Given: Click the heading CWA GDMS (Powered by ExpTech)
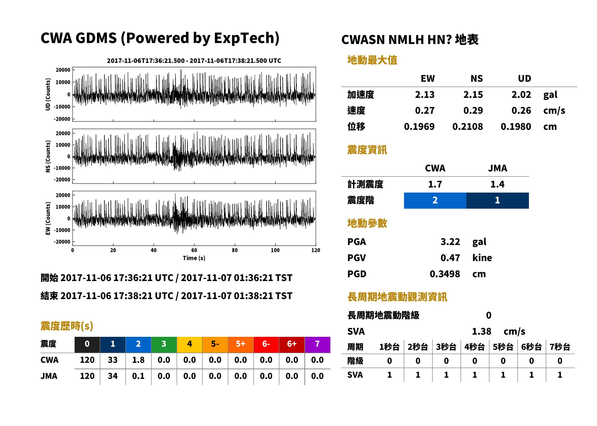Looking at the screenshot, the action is pyautogui.click(x=160, y=38).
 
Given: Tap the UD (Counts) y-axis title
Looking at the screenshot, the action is pyautogui.click(x=48, y=94).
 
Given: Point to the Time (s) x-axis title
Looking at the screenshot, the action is pyautogui.click(x=194, y=258).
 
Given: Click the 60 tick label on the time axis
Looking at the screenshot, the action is pyautogui.click(x=194, y=250).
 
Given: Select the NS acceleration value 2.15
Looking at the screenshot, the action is pyautogui.click(x=473, y=95).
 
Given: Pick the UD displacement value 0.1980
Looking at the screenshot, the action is pyautogui.click(x=516, y=127).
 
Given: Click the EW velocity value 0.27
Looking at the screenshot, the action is pyautogui.click(x=425, y=111).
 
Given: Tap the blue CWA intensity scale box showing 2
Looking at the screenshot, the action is pyautogui.click(x=435, y=201).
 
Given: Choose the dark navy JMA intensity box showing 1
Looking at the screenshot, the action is pyautogui.click(x=498, y=201).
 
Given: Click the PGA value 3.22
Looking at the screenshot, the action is pyautogui.click(x=450, y=242).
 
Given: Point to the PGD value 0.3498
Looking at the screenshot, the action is pyautogui.click(x=445, y=274).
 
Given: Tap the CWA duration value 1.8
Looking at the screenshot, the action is pyautogui.click(x=138, y=360).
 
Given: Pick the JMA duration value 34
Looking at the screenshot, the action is pyautogui.click(x=113, y=376).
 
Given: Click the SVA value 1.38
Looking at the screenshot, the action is pyautogui.click(x=481, y=332).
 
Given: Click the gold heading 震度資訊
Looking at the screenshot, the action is pyautogui.click(x=367, y=150).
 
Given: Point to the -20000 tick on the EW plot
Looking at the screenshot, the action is pyautogui.click(x=62, y=242).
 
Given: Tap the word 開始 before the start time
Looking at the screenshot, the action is pyautogui.click(x=49, y=278).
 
